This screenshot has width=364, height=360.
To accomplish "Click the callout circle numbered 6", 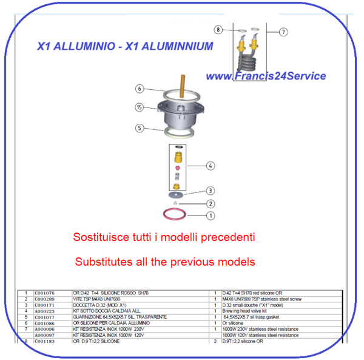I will click(140, 89).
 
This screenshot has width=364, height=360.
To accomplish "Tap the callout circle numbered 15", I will click(140, 107).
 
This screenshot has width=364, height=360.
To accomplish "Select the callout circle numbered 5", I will click(140, 128).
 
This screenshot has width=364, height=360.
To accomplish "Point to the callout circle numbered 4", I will click(210, 165).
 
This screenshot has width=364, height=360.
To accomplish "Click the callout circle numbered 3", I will click(210, 191).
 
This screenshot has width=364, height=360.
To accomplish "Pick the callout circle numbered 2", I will click(210, 203).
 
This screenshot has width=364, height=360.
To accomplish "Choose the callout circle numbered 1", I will click(210, 215).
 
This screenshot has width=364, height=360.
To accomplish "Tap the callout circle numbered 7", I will click(283, 32).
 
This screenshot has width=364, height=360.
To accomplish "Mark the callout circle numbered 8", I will click(218, 29).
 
